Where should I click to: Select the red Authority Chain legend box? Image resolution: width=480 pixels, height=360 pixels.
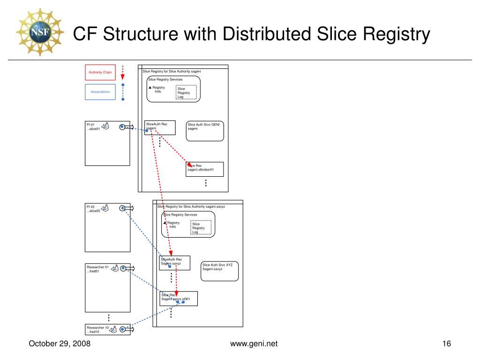coord(100,72)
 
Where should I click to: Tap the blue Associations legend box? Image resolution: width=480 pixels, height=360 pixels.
coord(100,92)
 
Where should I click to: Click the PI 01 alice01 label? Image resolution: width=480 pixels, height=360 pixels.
coord(93,127)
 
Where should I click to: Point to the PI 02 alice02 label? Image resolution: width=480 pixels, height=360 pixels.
coord(93,209)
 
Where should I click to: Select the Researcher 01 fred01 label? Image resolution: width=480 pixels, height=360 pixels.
coord(97,269)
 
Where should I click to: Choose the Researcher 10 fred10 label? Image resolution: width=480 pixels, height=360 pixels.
coord(97,330)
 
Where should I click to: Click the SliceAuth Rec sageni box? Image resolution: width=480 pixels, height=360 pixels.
coord(160,127)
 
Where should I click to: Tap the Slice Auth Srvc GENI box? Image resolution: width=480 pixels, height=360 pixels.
coord(205,131)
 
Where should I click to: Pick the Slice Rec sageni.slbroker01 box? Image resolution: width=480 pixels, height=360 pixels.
coord(205,169)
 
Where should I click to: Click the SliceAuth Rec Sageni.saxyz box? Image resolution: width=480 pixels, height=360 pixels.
coord(175,263)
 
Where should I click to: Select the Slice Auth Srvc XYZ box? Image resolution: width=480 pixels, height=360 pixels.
coord(220,271)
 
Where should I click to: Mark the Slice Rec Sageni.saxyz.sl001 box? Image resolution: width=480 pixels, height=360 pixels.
coord(179,298)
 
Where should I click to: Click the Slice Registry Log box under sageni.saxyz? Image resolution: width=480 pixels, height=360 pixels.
coord(201,227)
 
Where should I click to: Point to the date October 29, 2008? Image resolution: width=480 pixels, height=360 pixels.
coord(60,344)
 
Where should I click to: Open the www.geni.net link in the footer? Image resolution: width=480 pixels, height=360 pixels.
coord(254,344)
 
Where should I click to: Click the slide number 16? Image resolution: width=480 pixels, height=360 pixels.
coord(446,344)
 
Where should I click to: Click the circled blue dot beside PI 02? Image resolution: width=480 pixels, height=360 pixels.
coord(122,208)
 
